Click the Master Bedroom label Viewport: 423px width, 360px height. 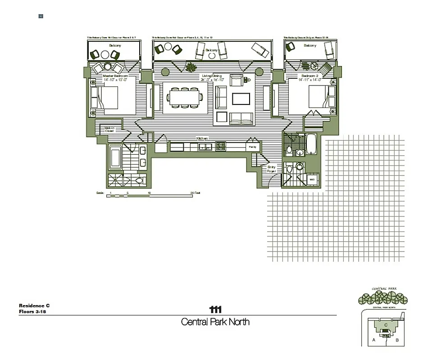(115, 76)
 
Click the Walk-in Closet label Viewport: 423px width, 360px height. (110, 130)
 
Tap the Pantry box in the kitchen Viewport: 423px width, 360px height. (253, 147)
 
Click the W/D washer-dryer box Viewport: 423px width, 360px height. (311, 180)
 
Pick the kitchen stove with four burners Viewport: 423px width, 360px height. (221, 146)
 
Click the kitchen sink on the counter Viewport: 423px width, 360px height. (204, 146)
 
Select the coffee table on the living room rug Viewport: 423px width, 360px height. (241, 99)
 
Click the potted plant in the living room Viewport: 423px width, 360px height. (190, 67)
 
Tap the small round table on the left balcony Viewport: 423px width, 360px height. (105, 54)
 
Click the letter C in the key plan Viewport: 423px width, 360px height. (385, 324)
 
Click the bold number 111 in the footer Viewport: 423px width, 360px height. (215, 309)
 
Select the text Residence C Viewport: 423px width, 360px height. (34, 306)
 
